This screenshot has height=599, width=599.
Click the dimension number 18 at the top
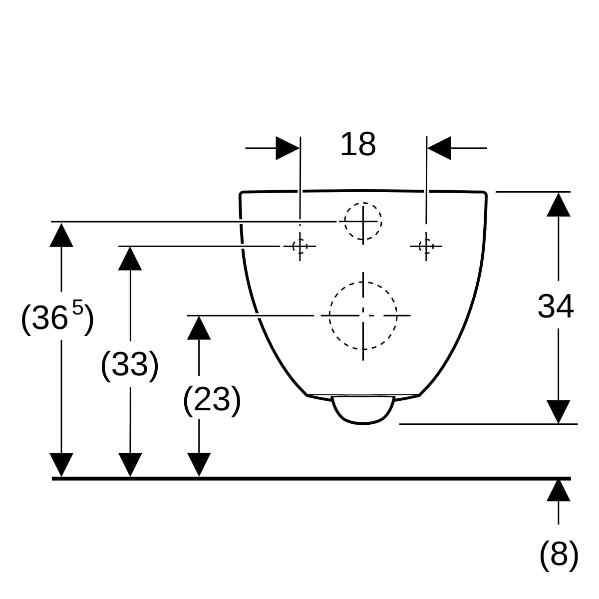click(358, 144)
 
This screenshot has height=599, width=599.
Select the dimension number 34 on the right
click(556, 306)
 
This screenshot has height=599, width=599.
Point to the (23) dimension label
click(212, 399)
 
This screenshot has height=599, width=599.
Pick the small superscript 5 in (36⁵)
click(78, 307)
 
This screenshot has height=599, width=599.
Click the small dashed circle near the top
click(363, 221)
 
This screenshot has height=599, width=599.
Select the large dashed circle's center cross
click(363, 315)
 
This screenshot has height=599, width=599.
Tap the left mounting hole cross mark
click(299, 246)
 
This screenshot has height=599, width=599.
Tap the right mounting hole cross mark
click(426, 246)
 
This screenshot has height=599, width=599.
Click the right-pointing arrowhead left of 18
click(288, 148)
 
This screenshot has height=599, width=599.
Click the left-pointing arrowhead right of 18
click(439, 148)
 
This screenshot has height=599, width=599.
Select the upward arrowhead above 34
click(558, 204)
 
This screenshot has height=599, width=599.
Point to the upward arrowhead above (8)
click(558, 490)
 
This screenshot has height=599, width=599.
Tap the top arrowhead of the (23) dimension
click(199, 328)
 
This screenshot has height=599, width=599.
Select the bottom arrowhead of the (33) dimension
click(130, 465)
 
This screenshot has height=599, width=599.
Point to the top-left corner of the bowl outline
click(242, 194)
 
